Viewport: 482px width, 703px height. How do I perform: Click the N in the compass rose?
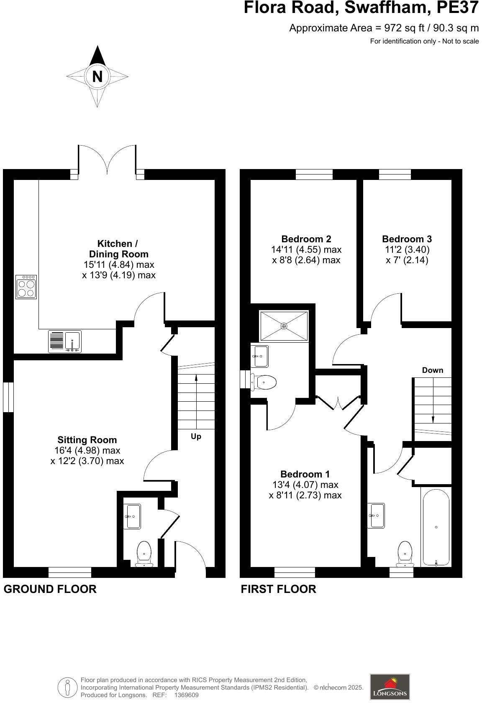[x=97, y=77]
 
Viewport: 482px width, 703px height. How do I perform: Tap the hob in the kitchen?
[x=26, y=287]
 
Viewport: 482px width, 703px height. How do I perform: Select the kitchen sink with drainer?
[x=65, y=341]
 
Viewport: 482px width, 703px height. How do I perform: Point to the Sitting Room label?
[x=87, y=440]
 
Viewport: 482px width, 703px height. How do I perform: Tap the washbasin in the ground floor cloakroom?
[x=133, y=516]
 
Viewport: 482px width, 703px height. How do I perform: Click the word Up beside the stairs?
[x=196, y=436]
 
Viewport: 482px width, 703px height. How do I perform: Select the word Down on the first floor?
[x=432, y=370]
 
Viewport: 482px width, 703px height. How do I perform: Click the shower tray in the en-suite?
[x=284, y=326]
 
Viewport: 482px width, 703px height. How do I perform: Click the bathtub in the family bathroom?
[x=436, y=527]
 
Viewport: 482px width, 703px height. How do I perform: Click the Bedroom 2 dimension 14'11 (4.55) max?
[x=306, y=249]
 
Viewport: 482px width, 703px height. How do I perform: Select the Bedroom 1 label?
[x=305, y=474]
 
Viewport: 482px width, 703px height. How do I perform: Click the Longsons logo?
[x=390, y=686]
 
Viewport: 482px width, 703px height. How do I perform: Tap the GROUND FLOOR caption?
[x=50, y=589]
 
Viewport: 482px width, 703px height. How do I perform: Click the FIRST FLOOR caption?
[x=278, y=589]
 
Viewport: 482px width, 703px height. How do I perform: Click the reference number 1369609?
[x=186, y=695]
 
